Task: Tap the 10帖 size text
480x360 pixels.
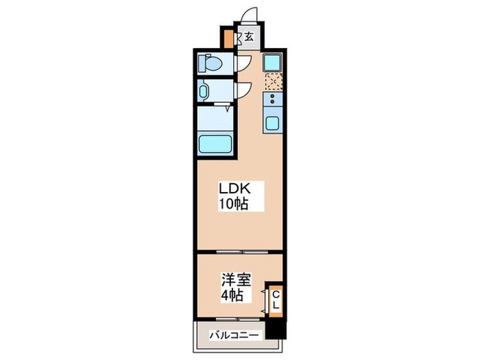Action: click(233, 204)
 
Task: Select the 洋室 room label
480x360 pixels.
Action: click(235, 280)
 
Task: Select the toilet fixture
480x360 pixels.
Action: click(211, 64)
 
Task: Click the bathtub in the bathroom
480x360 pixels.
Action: click(215, 143)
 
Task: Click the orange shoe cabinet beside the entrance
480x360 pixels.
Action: click(229, 38)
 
